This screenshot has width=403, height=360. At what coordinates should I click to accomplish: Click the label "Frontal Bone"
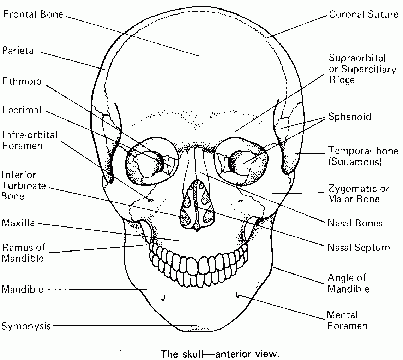(33, 14)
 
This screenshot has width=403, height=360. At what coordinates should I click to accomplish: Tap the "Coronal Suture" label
(363, 14)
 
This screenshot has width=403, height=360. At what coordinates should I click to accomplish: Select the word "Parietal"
(19, 51)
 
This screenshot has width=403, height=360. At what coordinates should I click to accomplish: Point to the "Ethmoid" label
(22, 82)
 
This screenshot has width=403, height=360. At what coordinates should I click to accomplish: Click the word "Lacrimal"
(22, 110)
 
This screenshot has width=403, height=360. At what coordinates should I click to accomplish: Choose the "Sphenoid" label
(350, 117)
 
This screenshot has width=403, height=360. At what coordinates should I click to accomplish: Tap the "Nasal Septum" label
(359, 247)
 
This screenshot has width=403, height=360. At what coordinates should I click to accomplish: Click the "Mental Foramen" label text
(347, 320)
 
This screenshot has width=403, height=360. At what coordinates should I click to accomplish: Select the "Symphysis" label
(26, 326)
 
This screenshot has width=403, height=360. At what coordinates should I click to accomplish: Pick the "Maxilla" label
(18, 223)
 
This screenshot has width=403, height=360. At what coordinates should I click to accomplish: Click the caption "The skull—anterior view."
(220, 354)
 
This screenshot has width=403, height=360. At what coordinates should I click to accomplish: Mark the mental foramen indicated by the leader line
(238, 295)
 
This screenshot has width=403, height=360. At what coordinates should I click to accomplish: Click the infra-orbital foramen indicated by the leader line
(150, 200)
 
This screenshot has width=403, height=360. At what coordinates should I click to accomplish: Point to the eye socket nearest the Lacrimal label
(152, 162)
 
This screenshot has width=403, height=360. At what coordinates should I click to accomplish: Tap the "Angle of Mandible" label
(348, 283)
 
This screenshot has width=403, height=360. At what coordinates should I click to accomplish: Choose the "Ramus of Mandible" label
(23, 253)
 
